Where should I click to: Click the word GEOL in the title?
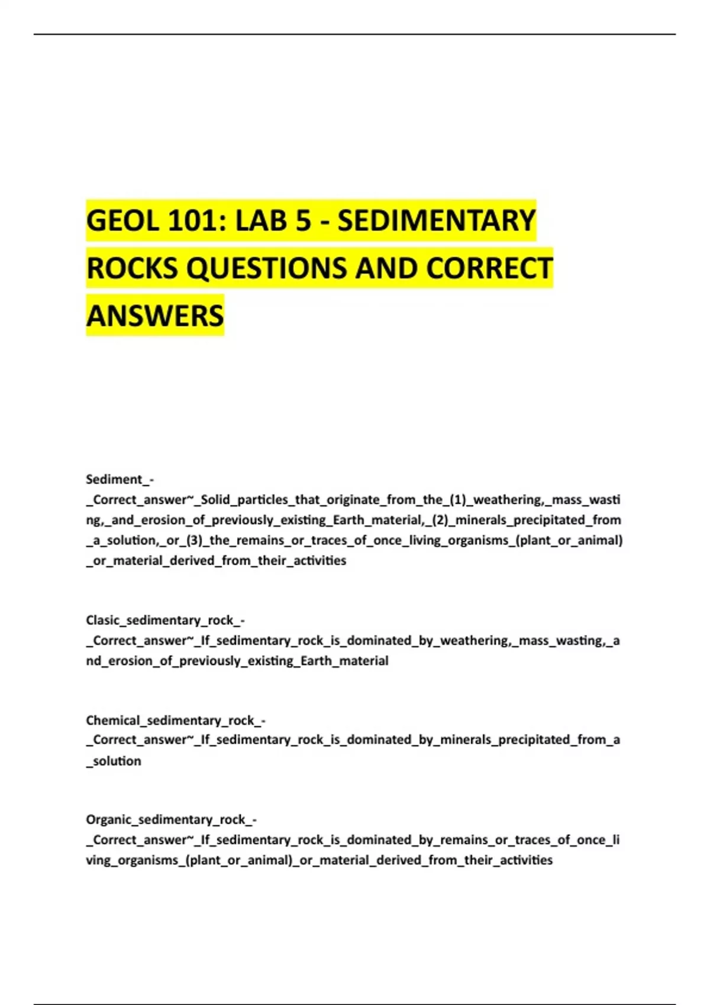122,221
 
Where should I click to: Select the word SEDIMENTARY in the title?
436,221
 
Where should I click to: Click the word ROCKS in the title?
132,268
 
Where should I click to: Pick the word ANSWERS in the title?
155,316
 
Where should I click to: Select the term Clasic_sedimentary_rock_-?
165,620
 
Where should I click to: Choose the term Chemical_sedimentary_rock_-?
175,720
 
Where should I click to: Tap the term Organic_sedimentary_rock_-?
171,819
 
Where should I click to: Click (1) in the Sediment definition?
458,500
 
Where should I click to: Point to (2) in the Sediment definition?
438,520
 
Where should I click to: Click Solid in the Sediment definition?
215,500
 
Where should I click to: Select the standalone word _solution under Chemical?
114,761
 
